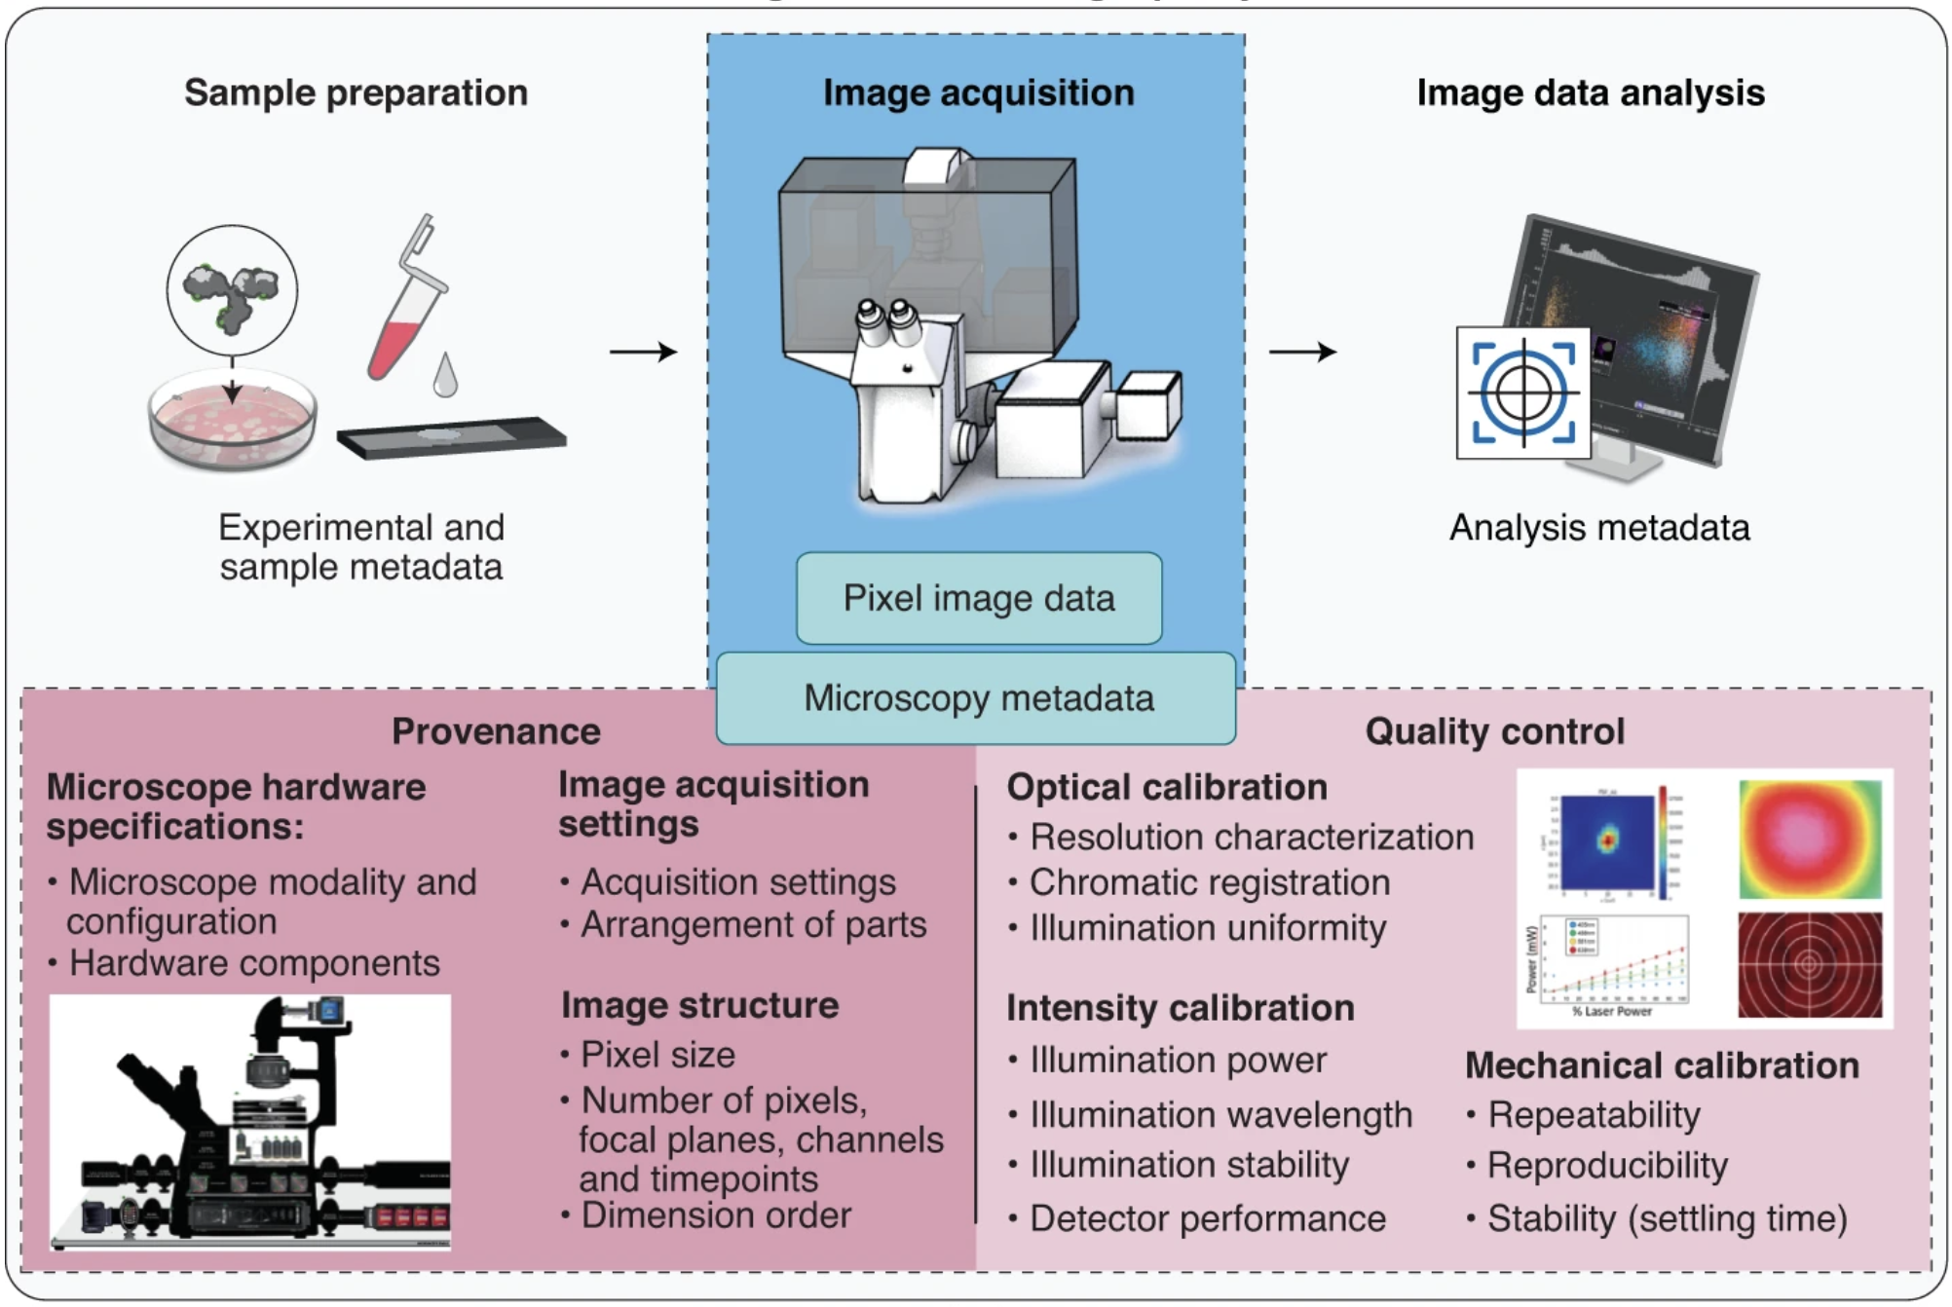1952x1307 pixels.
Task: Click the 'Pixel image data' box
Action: pyautogui.click(x=978, y=598)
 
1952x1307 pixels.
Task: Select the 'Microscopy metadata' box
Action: pyautogui.click(x=977, y=698)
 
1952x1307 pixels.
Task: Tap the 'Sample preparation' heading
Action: pyautogui.click(x=356, y=93)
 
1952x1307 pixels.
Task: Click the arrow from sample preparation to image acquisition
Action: pyautogui.click(x=643, y=352)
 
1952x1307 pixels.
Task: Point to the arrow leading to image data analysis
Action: pyautogui.click(x=1302, y=352)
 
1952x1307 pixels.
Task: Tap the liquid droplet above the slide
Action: pyautogui.click(x=445, y=376)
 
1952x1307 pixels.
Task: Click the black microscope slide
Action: pyautogui.click(x=452, y=437)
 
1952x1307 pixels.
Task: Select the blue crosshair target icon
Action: pyautogui.click(x=1523, y=392)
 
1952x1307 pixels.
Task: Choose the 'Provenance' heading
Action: pyautogui.click(x=496, y=731)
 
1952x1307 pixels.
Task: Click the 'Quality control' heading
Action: pyautogui.click(x=1494, y=731)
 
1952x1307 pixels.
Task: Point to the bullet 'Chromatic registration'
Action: pyautogui.click(x=1209, y=882)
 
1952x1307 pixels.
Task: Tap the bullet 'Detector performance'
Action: pyautogui.click(x=1207, y=1218)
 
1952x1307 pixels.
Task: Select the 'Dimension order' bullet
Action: pyautogui.click(x=715, y=1215)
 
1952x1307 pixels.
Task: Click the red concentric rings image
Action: pyautogui.click(x=1809, y=964)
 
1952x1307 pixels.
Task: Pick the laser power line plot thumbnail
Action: pyautogui.click(x=1610, y=964)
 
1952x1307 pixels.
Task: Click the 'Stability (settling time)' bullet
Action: pyautogui.click(x=1666, y=1218)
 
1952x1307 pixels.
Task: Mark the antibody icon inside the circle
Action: pyautogui.click(x=232, y=291)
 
